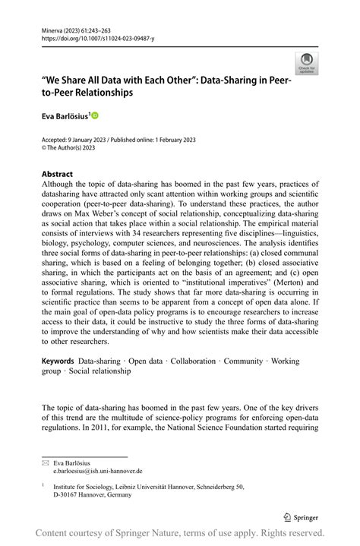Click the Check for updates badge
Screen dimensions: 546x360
[307, 62]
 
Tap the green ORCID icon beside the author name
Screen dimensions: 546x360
[95, 115]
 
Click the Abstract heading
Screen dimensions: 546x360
[58, 172]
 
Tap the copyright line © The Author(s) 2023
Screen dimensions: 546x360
[71, 148]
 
